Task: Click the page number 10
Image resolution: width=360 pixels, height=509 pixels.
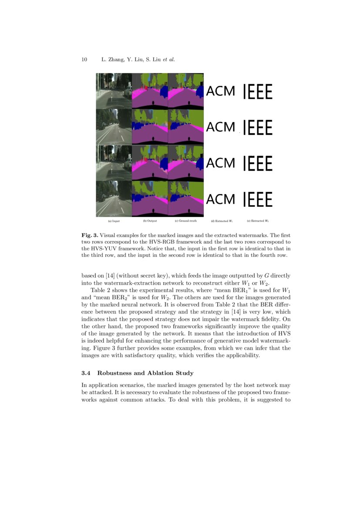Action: pos(84,60)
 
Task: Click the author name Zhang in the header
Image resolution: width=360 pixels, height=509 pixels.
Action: pos(114,60)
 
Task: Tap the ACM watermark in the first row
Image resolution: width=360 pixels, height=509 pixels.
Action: pos(220,91)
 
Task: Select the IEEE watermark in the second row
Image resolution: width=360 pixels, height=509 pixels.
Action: pos(258,128)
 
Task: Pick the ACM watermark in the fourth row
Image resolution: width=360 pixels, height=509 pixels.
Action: pos(220,199)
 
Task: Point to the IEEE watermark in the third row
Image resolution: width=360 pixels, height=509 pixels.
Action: pos(258,163)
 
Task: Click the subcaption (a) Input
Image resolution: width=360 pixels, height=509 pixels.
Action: pos(114,221)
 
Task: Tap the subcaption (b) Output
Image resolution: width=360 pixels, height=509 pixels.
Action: pos(150,221)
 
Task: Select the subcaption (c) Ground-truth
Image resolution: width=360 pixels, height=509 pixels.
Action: pos(185,221)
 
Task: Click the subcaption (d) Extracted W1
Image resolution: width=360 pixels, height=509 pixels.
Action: pos(221,221)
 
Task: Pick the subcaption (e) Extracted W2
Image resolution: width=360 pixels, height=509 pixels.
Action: pos(258,221)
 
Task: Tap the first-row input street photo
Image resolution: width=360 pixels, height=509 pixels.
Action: pos(114,91)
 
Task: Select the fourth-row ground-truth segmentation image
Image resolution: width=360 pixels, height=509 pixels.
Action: pos(185,199)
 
